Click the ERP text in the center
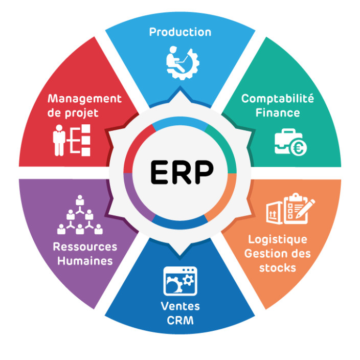click(x=182, y=172)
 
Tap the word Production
click(x=180, y=32)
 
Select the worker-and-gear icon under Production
click(x=183, y=63)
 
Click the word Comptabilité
click(x=278, y=99)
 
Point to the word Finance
click(x=278, y=113)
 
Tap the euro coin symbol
click(x=299, y=148)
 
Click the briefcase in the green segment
click(x=286, y=141)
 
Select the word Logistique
click(x=278, y=240)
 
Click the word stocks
click(x=278, y=268)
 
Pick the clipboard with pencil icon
click(x=299, y=209)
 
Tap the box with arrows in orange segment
click(x=275, y=213)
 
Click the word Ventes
click(x=180, y=306)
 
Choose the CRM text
click(x=180, y=321)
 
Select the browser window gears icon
click(x=180, y=281)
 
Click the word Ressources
click(x=85, y=247)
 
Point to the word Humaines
click(x=85, y=261)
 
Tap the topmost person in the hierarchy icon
click(x=80, y=200)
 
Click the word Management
click(x=84, y=99)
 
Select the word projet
click(x=82, y=114)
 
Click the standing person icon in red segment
click(x=59, y=140)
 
